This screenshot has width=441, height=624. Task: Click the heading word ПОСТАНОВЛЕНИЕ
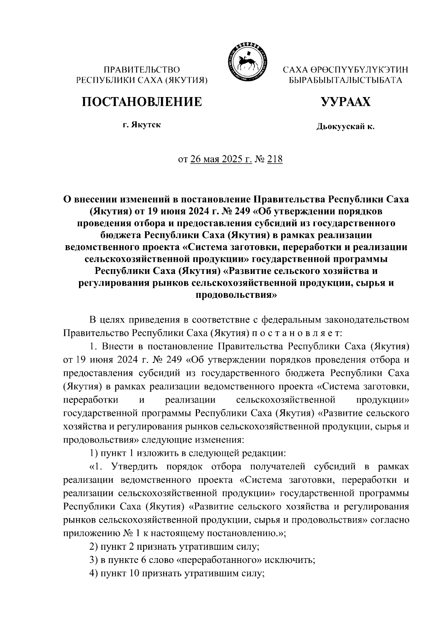pyautogui.click(x=142, y=102)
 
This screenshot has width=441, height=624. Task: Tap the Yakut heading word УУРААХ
pyautogui.click(x=345, y=102)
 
